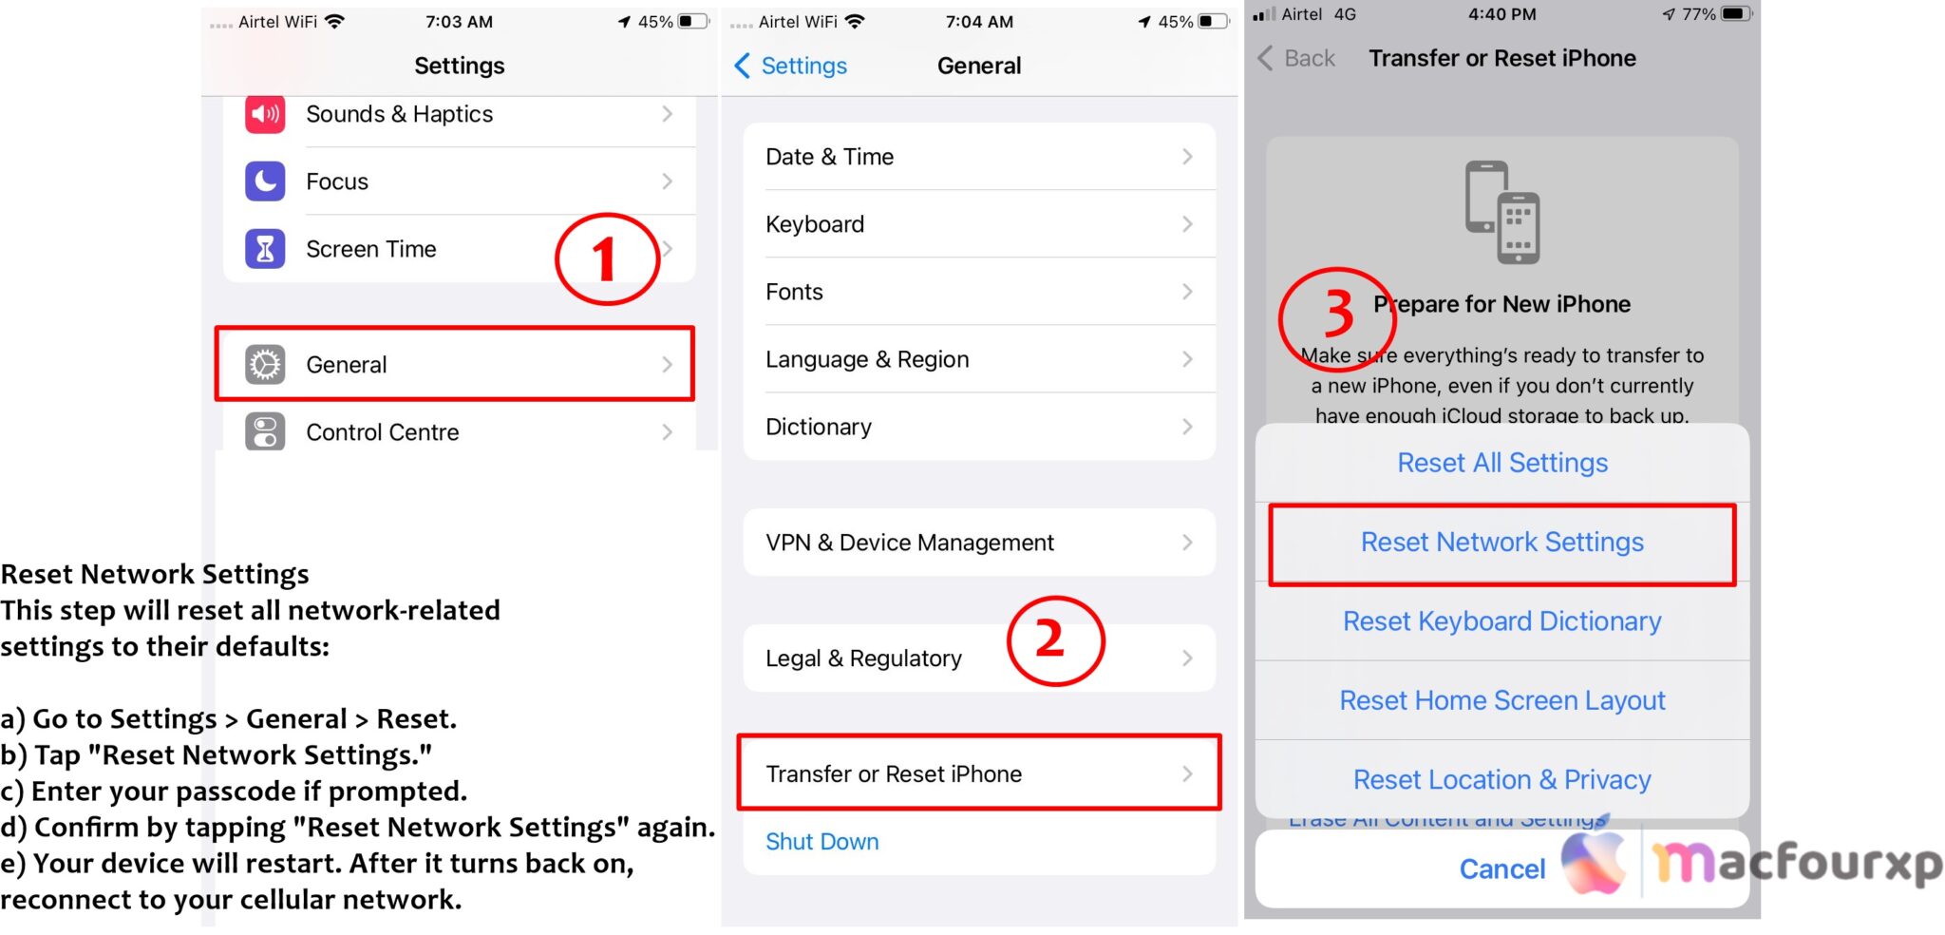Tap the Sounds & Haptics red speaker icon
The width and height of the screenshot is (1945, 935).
(265, 114)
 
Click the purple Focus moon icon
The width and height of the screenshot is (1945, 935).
(265, 181)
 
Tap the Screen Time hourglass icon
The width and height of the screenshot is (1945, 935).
(265, 249)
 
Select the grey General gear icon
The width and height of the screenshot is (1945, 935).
(265, 365)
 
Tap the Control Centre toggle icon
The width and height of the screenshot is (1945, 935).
(265, 432)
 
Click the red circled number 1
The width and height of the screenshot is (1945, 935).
(607, 259)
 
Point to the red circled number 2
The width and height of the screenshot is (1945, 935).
(1054, 640)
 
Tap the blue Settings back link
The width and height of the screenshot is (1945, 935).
(792, 66)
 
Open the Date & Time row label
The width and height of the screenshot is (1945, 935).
(829, 157)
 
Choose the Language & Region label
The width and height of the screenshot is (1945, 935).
(867, 359)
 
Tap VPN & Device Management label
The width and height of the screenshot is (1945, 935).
(909, 543)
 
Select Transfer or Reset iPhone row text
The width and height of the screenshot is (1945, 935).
(893, 774)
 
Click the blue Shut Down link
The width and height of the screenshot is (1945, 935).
(821, 842)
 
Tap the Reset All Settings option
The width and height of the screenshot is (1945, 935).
(1501, 463)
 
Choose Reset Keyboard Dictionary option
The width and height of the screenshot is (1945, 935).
(1501, 621)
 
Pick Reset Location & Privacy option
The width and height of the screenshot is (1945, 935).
(1501, 780)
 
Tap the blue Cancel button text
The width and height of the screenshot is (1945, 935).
(1501, 868)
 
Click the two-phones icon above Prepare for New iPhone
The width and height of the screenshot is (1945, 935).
(1501, 213)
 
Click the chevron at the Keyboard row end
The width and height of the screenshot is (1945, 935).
(1187, 224)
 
